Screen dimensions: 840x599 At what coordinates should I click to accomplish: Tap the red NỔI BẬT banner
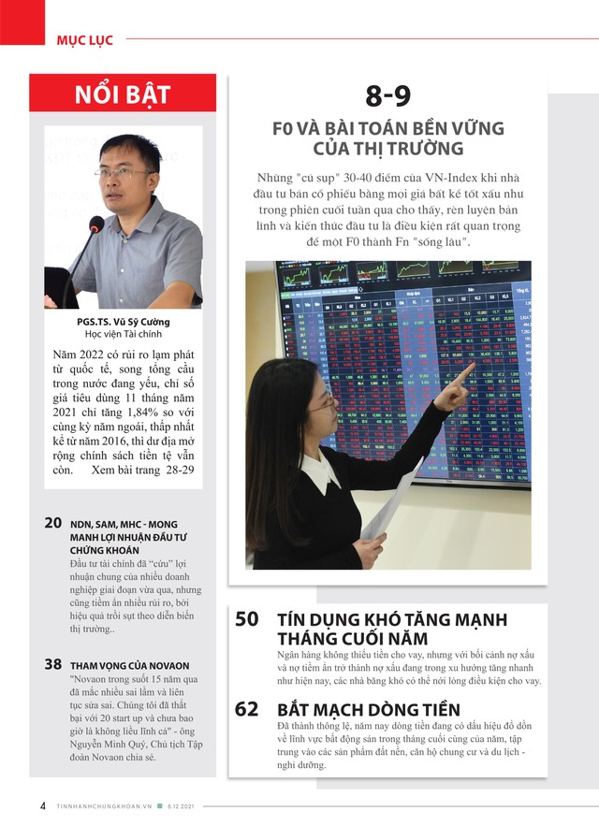coord(123,94)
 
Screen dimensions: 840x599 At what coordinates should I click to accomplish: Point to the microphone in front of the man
coord(95,225)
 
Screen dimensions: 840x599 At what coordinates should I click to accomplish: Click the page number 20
coord(53,524)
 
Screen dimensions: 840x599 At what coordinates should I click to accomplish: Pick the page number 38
coord(53,664)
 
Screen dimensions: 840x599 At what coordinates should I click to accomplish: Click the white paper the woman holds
coord(388,510)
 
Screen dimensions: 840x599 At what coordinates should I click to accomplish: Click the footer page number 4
coord(43,806)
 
